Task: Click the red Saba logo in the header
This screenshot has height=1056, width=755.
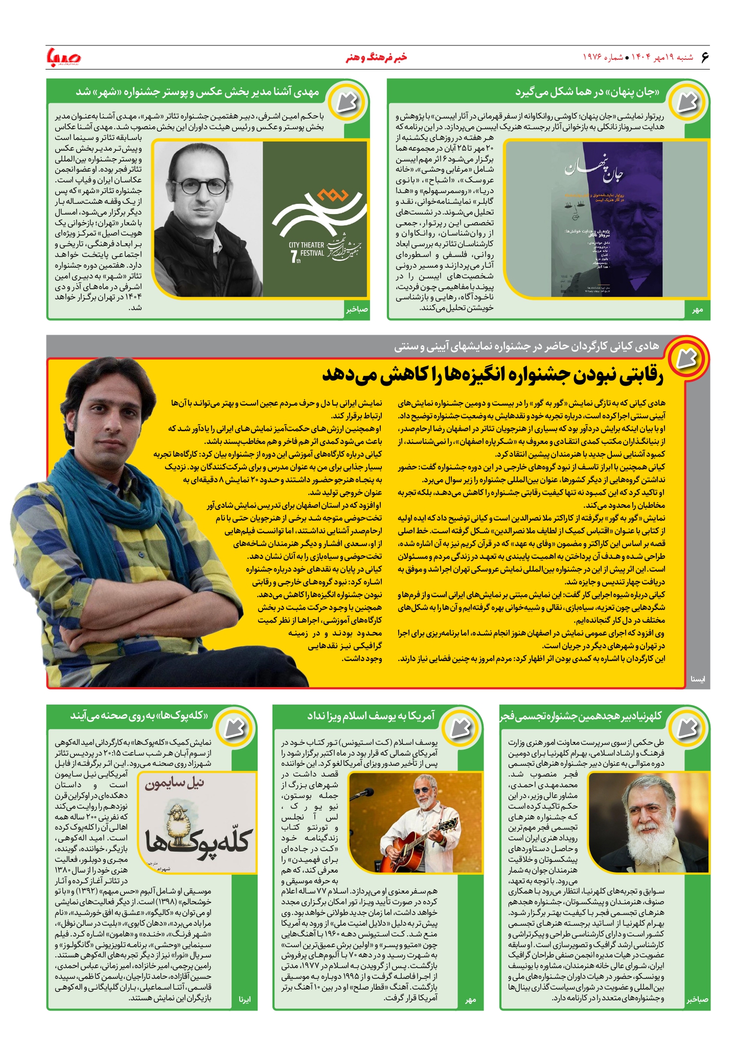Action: pyautogui.click(x=64, y=57)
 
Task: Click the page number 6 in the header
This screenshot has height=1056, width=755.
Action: pyautogui.click(x=705, y=57)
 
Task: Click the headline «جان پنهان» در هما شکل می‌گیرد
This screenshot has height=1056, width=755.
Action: pyautogui.click(x=587, y=92)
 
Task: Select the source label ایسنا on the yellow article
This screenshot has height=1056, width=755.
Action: pyautogui.click(x=697, y=679)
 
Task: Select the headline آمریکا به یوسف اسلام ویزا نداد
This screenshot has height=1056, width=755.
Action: pyautogui.click(x=371, y=716)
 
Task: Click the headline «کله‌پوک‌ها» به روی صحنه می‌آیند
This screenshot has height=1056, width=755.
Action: pyautogui.click(x=140, y=716)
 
